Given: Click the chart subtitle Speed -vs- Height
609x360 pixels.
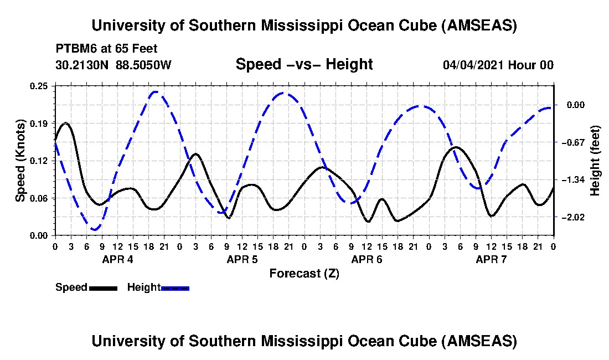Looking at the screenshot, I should [x=304, y=64].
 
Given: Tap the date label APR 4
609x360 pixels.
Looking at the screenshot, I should [x=117, y=259].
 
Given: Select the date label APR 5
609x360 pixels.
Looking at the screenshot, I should [x=242, y=259].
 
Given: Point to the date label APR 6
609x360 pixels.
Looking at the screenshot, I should [x=367, y=259].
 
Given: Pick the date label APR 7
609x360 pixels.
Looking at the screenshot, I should [x=492, y=259].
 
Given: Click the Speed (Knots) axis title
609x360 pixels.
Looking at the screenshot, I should [x=20, y=161].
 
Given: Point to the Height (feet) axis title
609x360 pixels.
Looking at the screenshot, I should [x=595, y=161].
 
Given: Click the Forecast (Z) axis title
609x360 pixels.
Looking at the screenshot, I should [x=304, y=273].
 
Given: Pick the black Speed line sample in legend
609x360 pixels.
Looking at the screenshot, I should [x=103, y=288].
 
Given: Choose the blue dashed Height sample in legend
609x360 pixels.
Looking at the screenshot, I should [x=175, y=288].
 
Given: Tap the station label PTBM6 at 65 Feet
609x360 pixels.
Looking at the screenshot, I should [x=106, y=48].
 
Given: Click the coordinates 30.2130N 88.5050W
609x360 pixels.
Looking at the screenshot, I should [x=113, y=65].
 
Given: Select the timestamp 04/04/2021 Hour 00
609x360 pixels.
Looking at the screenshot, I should [x=498, y=65].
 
